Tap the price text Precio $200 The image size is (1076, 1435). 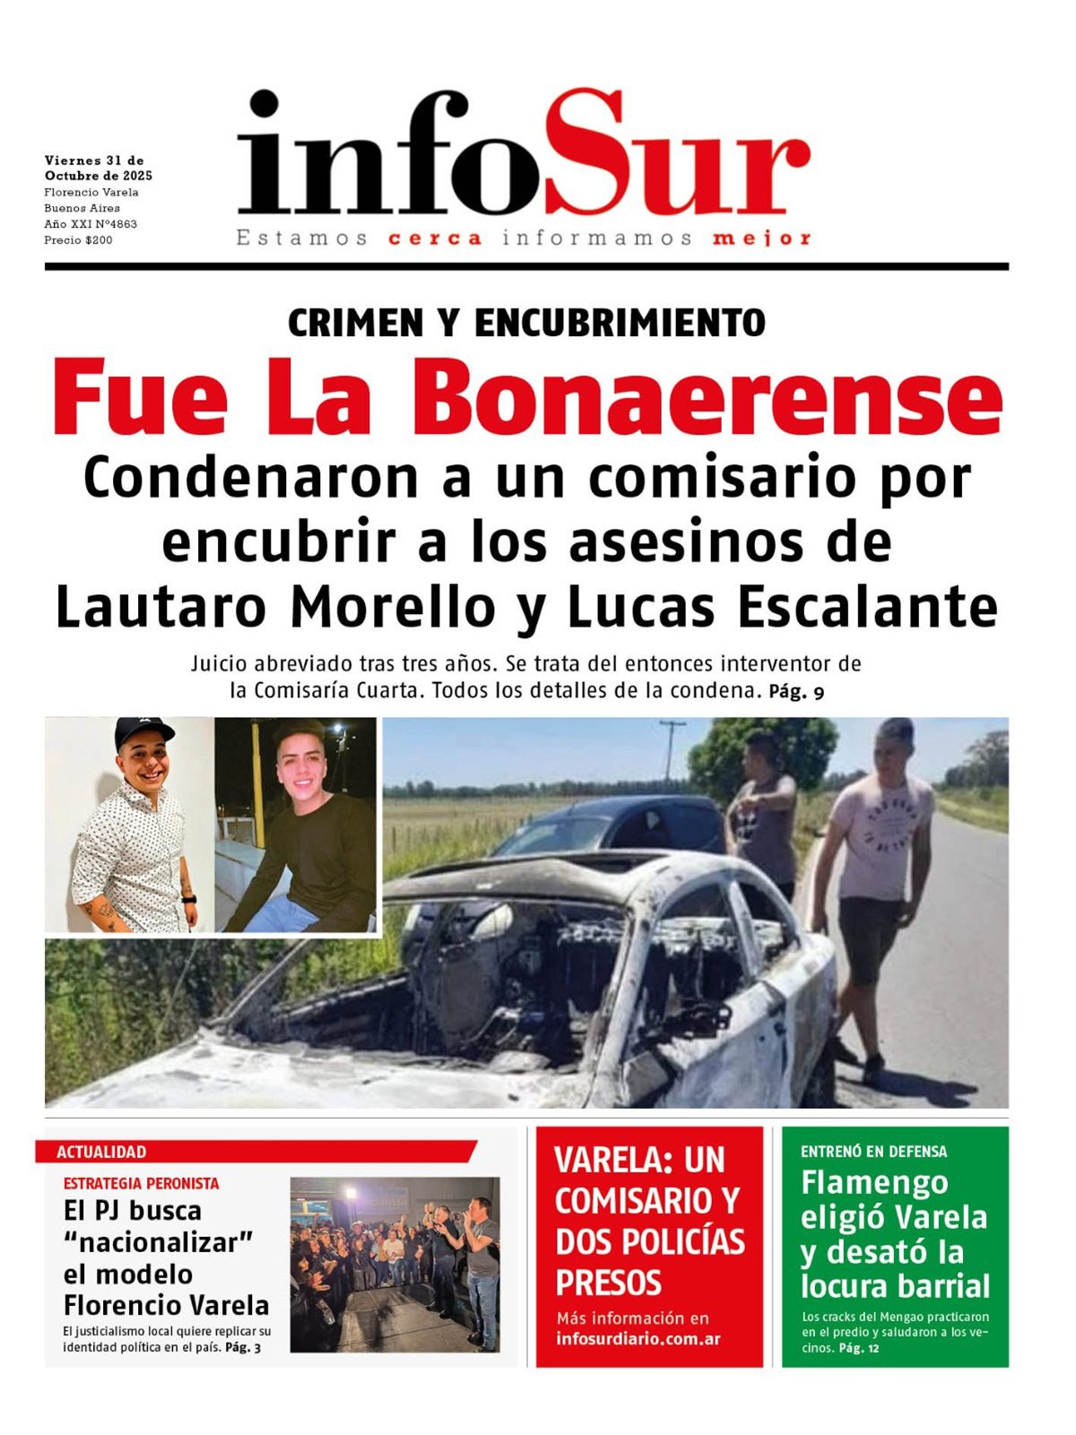pos(78,240)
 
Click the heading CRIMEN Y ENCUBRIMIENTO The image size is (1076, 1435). pos(526,323)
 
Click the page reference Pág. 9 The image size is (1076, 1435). pos(796,692)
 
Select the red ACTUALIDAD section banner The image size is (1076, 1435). pos(256,1152)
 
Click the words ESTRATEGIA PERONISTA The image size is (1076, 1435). pos(141,1183)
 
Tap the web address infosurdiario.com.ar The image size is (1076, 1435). pos(638,1339)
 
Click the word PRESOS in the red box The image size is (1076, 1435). pos(608,1284)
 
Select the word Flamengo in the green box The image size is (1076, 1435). pos(874,1183)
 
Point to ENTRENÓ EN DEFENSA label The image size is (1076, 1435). pos(873,1152)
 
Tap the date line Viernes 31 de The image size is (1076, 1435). pos(94,160)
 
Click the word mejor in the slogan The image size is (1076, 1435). pos(762,238)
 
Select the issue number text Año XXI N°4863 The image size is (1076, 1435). pos(91,224)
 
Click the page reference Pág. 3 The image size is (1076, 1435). pos(243,1347)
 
